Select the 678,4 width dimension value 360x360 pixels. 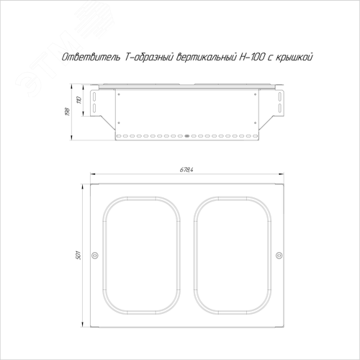click(186, 170)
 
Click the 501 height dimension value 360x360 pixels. click(78, 255)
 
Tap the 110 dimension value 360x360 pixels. click(79, 99)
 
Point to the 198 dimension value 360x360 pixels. click(68, 112)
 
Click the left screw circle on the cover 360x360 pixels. click(95, 255)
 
